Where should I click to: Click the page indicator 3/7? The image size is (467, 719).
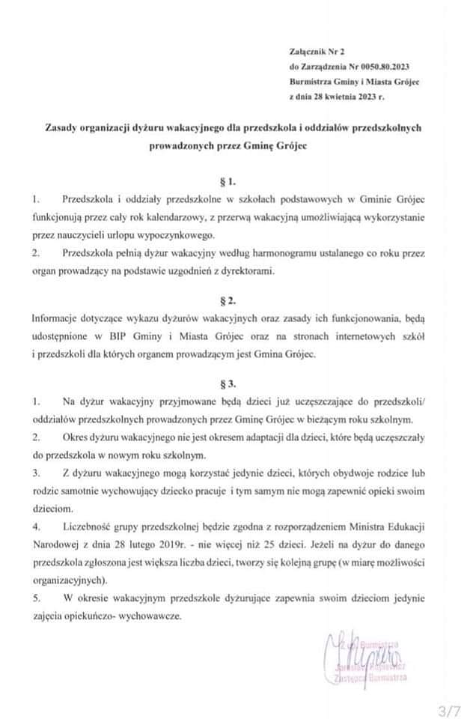click(449, 709)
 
